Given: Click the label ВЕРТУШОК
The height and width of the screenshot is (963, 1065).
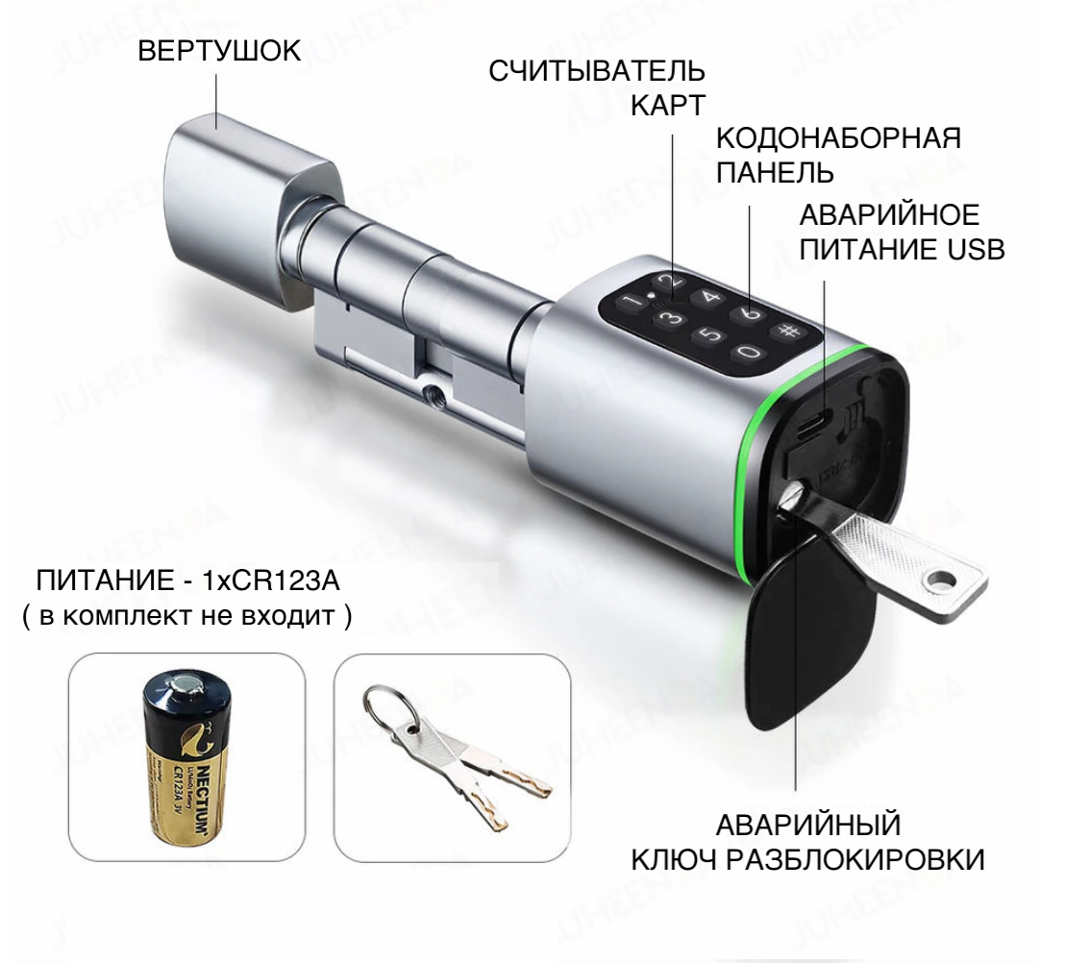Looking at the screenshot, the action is click(x=219, y=51).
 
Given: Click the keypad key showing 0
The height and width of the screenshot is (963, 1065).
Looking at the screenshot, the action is click(x=749, y=352).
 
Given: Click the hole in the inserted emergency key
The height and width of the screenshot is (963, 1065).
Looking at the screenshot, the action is click(x=941, y=579).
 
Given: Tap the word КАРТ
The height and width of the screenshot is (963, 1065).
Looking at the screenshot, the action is click(x=668, y=106).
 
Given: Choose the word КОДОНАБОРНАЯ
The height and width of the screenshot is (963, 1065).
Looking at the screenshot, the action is click(x=839, y=137).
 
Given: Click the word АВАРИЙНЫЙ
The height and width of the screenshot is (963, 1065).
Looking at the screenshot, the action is click(x=808, y=826).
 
